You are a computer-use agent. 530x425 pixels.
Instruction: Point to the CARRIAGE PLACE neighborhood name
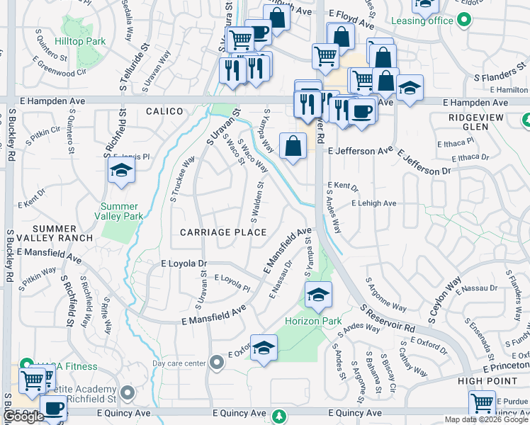click(223, 232)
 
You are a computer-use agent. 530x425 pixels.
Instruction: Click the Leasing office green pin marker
click(463, 21)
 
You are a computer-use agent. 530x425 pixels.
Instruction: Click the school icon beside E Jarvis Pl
click(122, 171)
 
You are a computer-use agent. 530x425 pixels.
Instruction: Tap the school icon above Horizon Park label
click(318, 294)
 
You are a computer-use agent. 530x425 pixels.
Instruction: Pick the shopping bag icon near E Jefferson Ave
click(293, 147)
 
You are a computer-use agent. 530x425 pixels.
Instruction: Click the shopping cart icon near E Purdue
click(482, 403)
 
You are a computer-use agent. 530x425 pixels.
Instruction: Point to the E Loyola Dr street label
click(184, 263)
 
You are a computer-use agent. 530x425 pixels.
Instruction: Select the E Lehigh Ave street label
click(374, 203)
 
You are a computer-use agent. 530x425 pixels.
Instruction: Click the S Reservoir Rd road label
click(386, 319)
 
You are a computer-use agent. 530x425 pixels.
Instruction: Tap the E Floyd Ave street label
click(349, 23)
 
